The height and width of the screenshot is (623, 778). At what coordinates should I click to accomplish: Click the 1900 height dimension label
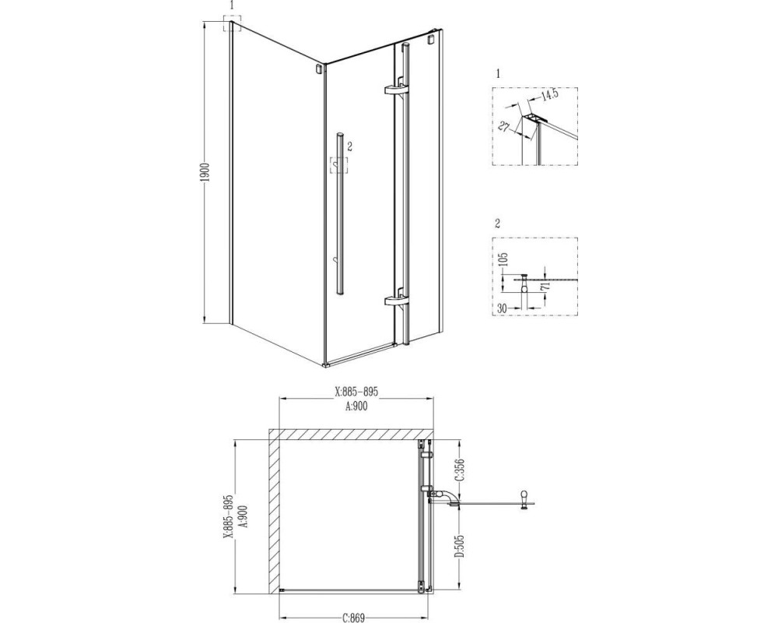[208, 171]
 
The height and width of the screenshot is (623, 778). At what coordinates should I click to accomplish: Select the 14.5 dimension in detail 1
[548, 94]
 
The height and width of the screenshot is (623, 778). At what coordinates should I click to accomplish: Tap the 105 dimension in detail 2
[505, 261]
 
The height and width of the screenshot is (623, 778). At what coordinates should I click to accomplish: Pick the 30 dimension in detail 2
[502, 308]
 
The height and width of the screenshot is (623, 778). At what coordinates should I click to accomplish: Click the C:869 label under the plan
[354, 618]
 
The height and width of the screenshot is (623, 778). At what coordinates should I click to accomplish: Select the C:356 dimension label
[460, 470]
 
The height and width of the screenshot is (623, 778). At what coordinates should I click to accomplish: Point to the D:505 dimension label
[460, 547]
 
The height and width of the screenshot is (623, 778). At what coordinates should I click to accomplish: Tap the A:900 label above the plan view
[356, 407]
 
